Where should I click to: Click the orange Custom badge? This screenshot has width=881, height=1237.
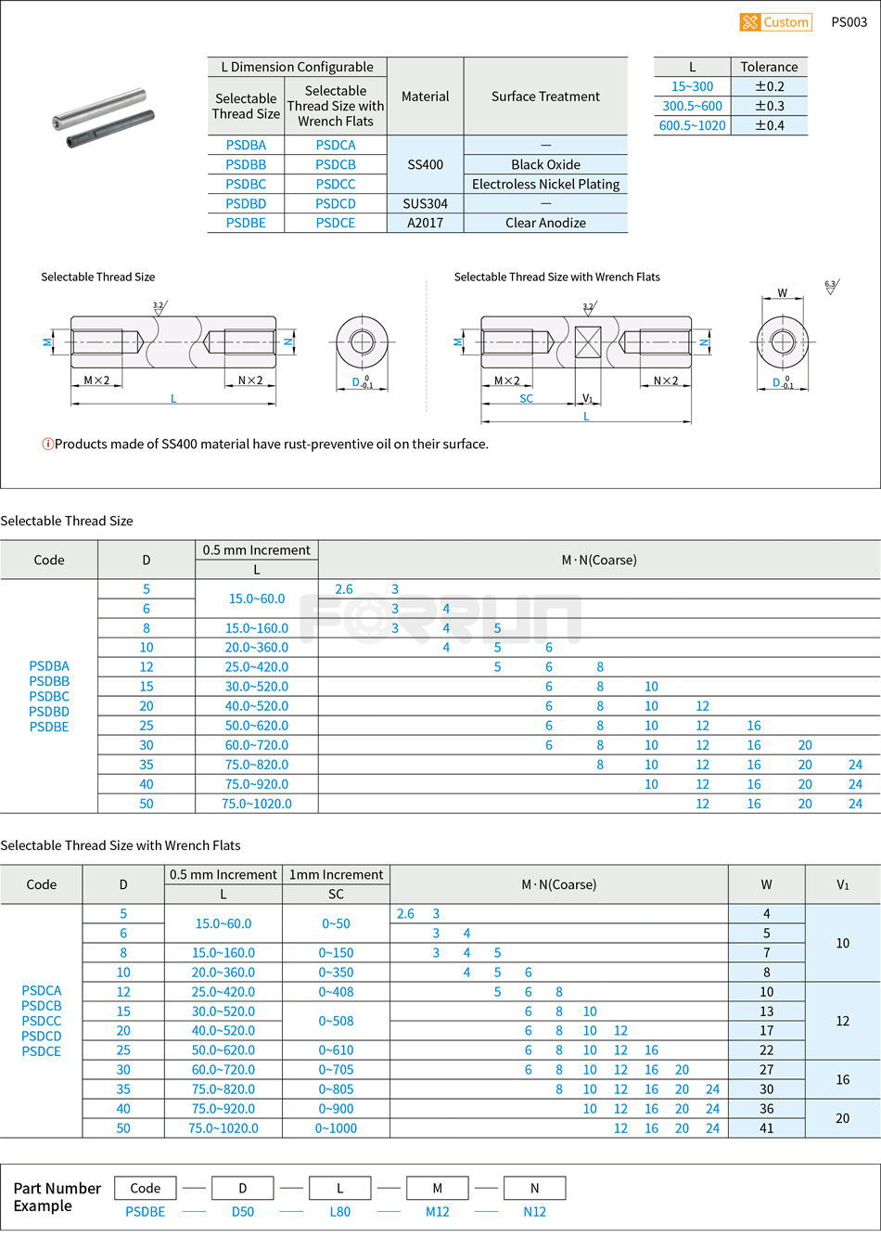coord(775,22)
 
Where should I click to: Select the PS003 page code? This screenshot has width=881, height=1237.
coord(849,22)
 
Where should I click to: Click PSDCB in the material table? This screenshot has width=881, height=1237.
coord(335,164)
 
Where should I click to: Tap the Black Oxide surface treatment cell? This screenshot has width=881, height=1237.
coord(545,164)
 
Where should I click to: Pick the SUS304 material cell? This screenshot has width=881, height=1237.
coord(425,203)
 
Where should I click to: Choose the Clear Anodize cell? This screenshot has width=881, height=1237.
coord(545,223)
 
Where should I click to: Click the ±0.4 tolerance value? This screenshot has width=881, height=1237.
coord(769,125)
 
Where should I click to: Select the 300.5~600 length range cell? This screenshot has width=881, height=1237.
coord(692,106)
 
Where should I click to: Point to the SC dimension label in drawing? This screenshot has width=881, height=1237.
coord(526,398)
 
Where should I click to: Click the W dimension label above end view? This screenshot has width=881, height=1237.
coord(782,293)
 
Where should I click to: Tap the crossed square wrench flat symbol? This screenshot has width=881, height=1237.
coord(588,341)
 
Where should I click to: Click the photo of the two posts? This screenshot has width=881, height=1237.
coord(102,118)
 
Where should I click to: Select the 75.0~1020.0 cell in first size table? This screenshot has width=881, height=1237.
coord(256,804)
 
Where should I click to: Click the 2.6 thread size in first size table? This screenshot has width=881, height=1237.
coord(344,589)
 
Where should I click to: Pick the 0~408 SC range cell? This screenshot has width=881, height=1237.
coord(336,992)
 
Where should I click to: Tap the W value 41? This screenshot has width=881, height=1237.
coord(766,1128)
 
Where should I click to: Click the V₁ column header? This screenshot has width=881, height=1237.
coord(842,884)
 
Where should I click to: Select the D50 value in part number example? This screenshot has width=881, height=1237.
coord(243,1211)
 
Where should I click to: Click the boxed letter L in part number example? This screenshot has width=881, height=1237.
coord(339,1188)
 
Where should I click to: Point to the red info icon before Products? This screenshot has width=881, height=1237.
coord(47,444)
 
